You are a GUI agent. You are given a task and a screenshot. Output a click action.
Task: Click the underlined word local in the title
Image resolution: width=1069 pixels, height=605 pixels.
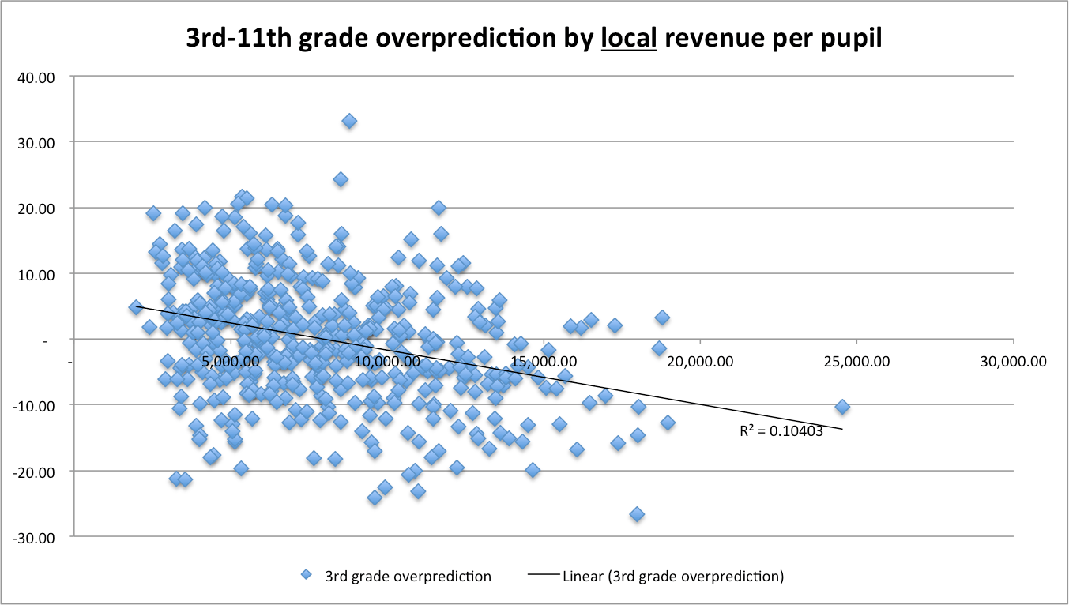point(629,37)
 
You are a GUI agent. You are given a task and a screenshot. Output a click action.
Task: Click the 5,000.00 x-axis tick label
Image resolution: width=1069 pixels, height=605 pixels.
point(229,362)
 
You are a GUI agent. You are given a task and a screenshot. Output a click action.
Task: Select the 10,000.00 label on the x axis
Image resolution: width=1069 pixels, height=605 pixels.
point(387,362)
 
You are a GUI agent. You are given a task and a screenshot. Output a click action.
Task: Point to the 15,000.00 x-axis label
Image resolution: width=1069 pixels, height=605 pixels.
point(544,362)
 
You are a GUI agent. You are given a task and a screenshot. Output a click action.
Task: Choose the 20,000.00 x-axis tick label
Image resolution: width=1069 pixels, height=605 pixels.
point(700,362)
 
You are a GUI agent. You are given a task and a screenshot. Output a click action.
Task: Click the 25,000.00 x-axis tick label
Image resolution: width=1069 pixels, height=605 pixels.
point(856,362)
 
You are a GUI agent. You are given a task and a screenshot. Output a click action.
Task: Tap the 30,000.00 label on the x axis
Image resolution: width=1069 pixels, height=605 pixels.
point(1013,362)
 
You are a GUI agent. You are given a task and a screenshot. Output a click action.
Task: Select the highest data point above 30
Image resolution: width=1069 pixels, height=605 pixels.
point(349,121)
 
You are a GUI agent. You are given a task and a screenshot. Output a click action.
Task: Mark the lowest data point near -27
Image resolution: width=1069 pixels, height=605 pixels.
point(637,514)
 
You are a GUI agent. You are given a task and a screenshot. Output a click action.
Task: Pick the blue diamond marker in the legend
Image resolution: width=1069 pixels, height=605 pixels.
point(306,576)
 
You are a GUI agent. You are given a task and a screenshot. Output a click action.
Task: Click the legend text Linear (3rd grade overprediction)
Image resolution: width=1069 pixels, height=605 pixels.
point(673,576)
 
